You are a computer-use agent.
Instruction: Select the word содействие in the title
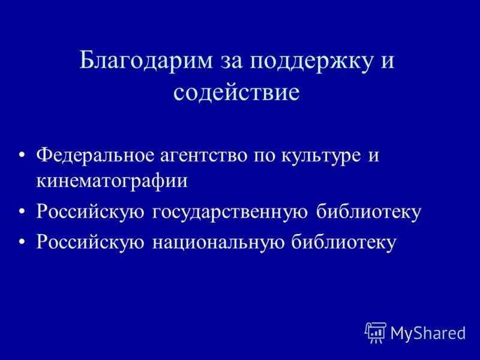click(236, 93)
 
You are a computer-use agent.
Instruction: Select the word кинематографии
click(112, 181)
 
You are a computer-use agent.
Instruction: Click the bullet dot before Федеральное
click(22, 156)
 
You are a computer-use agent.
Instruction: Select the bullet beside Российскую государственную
click(22, 212)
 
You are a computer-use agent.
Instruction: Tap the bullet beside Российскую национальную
click(22, 242)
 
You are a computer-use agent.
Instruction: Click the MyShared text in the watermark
click(428, 333)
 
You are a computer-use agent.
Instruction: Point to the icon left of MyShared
click(376, 332)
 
